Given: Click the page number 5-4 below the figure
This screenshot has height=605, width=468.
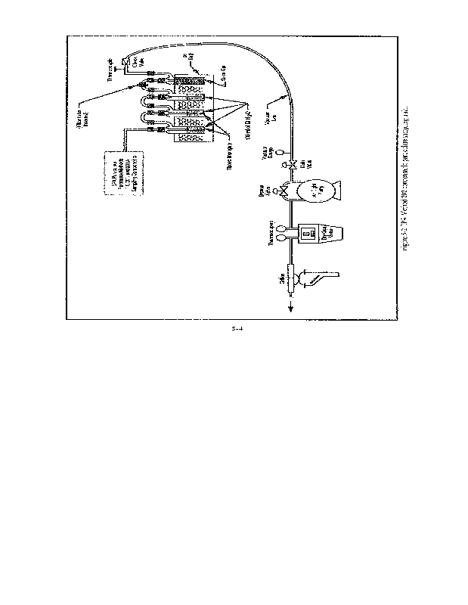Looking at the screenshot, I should tap(236, 329).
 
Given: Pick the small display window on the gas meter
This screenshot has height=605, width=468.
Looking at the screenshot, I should tap(309, 234).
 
